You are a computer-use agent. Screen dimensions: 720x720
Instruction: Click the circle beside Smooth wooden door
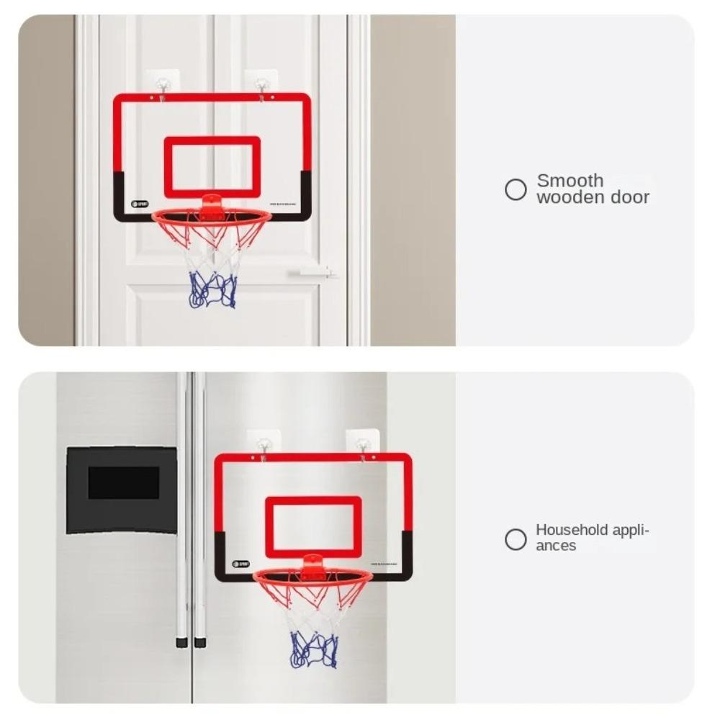[516, 189]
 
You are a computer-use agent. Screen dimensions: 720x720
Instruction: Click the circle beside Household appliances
[516, 539]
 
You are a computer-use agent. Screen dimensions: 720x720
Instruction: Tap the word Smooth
[570, 180]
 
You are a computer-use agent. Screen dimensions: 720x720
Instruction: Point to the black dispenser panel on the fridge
[122, 490]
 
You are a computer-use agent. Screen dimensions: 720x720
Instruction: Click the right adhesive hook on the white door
[261, 81]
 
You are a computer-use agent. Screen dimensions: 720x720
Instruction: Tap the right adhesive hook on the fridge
[362, 441]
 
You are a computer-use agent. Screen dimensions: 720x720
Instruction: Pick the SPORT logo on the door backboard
[139, 204]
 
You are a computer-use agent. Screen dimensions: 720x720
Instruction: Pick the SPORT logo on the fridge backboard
[240, 564]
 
